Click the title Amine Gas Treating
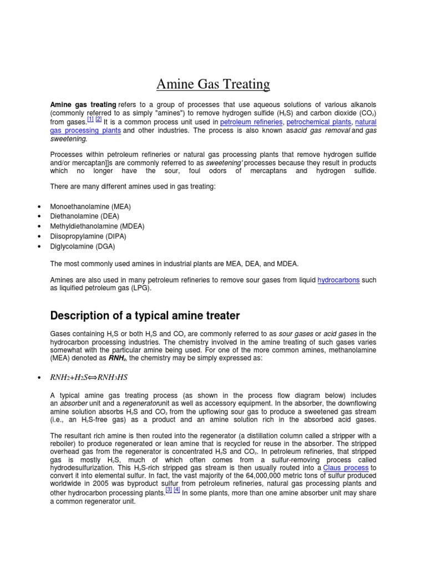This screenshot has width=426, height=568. (213, 84)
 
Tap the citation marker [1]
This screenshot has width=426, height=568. (90, 119)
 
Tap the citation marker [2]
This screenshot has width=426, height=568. (98, 119)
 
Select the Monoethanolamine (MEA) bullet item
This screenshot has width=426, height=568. (90, 206)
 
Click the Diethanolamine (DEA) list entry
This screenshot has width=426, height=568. (84, 216)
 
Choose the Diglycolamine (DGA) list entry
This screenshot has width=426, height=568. (83, 246)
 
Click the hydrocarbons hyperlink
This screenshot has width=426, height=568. (338, 281)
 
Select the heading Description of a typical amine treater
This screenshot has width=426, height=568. (145, 316)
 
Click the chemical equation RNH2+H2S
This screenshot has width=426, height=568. (89, 377)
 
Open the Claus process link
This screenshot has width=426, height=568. (346, 468)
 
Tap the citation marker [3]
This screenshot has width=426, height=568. (169, 490)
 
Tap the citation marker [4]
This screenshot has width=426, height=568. (177, 490)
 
